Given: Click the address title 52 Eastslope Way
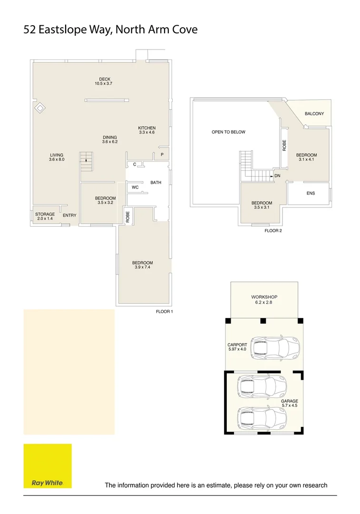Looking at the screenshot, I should coord(110,30).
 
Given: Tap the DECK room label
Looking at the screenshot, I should coord(105,81).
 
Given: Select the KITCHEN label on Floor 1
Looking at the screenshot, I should coord(147,130).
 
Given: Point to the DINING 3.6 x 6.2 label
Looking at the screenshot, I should coord(110,139).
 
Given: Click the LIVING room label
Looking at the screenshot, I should coord(56,158).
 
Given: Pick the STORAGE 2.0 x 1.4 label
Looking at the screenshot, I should coord(45,217).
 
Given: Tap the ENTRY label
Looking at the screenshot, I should coord(69,216).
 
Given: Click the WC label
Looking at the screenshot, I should coord(135,188).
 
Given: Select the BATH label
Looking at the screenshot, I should coord(156,183).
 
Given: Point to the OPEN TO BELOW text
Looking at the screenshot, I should coord(228,132).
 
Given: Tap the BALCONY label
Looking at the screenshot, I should coord(314,114).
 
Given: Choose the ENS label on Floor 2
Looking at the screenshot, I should coord(311,193).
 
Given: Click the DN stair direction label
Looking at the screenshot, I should coord(277,176).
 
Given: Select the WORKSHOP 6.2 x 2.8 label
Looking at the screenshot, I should coord(264,300).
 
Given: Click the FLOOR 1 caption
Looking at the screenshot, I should coord(165,312).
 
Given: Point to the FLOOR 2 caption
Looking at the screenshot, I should coord(273,231).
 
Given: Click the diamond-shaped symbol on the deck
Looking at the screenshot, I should coord(40,109).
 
